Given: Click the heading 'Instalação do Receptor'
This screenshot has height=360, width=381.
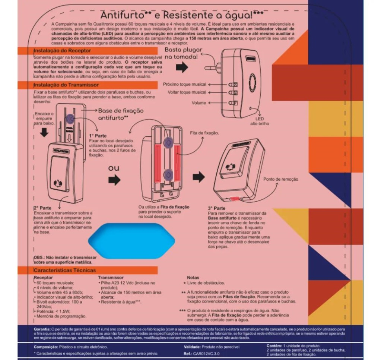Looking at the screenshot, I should (62, 50).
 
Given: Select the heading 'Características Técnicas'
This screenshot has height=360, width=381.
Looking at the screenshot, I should (65, 270).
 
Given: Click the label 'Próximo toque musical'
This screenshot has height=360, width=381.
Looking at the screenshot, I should (184, 84).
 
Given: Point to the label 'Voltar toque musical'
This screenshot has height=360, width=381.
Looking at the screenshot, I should (187, 92).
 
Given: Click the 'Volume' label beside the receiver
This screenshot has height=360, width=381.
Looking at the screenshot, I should (199, 103).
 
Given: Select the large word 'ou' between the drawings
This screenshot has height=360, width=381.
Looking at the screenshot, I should (114, 168).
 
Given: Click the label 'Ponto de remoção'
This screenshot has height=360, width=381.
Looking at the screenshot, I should (280, 179).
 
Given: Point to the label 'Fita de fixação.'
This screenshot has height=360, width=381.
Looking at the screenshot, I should (204, 133).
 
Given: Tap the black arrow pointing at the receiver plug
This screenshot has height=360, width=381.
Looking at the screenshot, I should (182, 67).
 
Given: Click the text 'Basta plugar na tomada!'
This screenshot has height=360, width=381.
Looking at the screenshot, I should (183, 53).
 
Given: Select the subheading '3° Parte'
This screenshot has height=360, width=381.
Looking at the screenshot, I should (216, 208).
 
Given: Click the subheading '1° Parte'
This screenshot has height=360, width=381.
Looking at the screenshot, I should (98, 136).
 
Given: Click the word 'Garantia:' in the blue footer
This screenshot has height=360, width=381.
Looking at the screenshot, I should (42, 329).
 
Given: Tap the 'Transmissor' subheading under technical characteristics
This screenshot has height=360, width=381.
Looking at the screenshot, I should (111, 278).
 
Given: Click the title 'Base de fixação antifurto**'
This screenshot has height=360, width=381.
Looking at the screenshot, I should (121, 114).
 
